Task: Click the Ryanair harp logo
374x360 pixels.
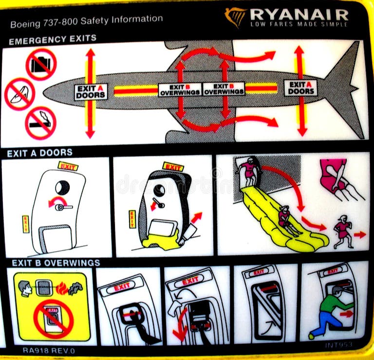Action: pyautogui.click(x=236, y=17)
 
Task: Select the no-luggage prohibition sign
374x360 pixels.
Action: pyautogui.click(x=41, y=64)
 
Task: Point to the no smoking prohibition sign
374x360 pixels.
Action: pyautogui.click(x=40, y=123)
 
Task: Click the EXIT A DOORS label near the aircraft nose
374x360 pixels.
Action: pyautogui.click(x=91, y=91)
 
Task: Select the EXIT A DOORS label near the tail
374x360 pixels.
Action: pyautogui.click(x=300, y=88)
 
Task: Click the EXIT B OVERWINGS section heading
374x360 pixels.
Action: pyautogui.click(x=56, y=263)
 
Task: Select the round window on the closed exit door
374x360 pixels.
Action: pyautogui.click(x=62, y=187)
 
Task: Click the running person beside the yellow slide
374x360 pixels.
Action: pyautogui.click(x=343, y=232)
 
